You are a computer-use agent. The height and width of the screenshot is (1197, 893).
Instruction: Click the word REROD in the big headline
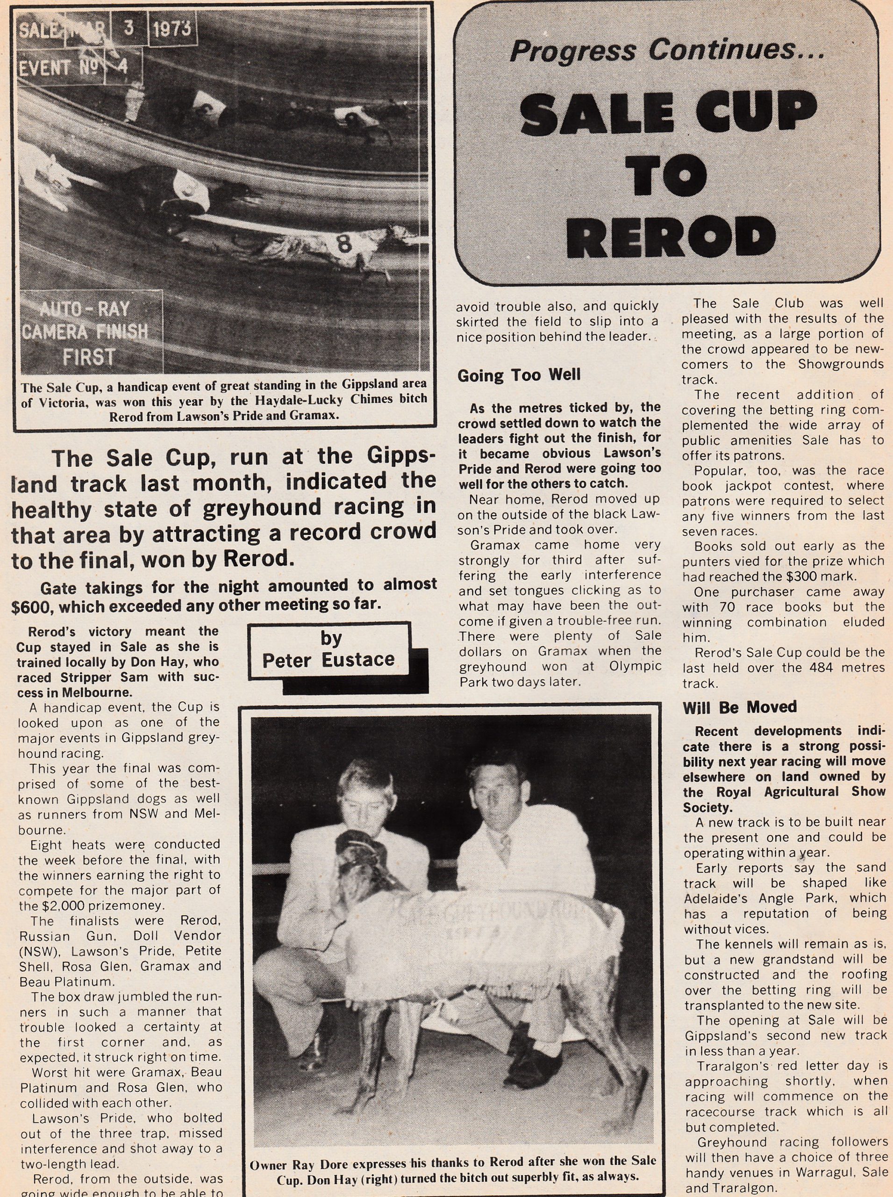671,237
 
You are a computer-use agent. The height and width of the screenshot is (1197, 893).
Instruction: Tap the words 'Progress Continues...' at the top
666,51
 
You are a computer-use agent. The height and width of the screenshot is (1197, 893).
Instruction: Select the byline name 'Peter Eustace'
328,659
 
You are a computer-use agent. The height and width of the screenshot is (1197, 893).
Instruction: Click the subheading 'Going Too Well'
518,375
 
